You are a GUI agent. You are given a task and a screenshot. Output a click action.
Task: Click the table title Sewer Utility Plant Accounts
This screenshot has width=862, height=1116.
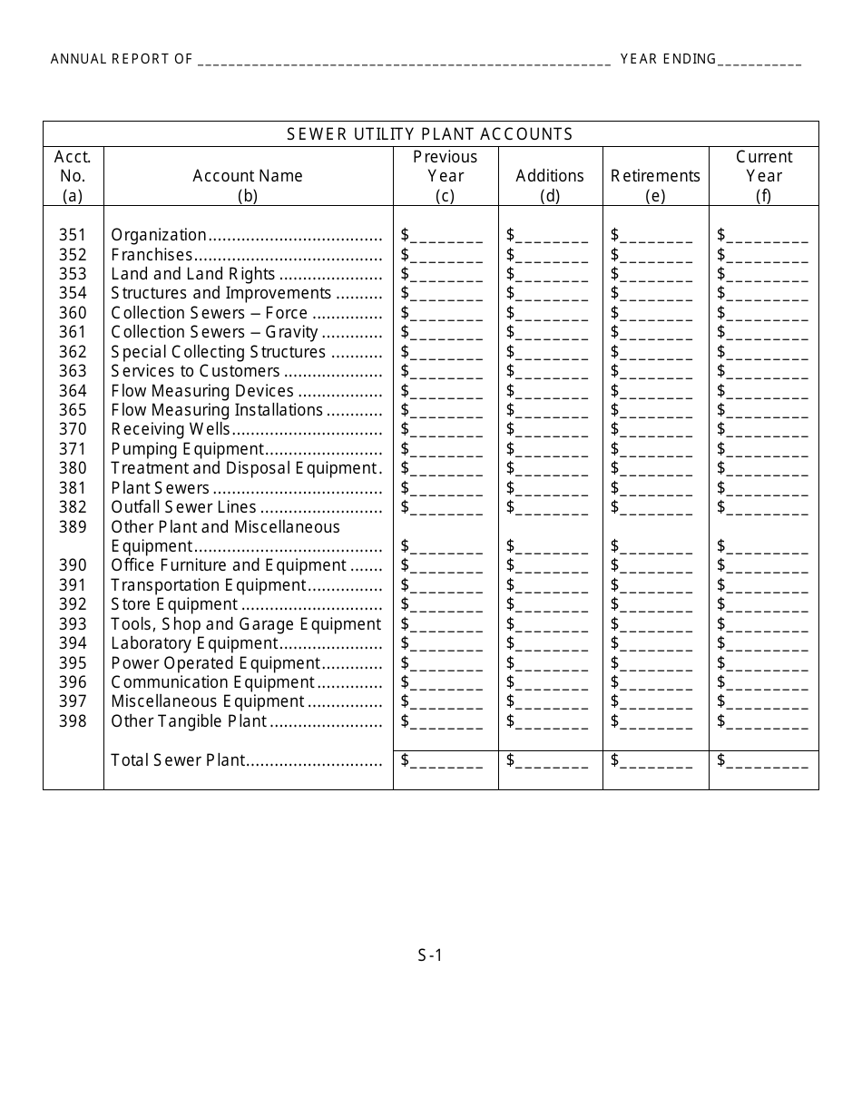430,134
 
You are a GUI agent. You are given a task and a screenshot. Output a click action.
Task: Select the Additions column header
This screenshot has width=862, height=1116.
550,176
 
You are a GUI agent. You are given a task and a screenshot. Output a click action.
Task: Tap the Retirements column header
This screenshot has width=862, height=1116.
655,176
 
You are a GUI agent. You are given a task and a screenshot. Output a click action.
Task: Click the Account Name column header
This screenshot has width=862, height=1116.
248,176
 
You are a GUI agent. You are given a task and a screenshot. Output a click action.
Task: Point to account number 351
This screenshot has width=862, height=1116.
73,235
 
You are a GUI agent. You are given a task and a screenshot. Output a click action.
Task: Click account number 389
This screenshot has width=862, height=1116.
73,527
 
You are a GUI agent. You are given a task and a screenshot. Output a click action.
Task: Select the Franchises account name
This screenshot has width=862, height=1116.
152,255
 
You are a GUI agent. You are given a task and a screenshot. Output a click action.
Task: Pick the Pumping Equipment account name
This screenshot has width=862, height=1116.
187,449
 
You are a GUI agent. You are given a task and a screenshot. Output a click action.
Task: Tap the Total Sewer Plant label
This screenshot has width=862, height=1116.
178,760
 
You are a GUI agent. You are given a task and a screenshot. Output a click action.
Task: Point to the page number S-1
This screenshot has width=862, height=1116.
430,954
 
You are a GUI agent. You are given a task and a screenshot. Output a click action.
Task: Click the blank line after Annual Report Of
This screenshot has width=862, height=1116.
404,60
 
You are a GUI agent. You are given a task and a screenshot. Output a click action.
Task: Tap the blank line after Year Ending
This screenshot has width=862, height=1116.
759,60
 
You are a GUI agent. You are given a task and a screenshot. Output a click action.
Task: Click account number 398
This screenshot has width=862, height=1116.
73,721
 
